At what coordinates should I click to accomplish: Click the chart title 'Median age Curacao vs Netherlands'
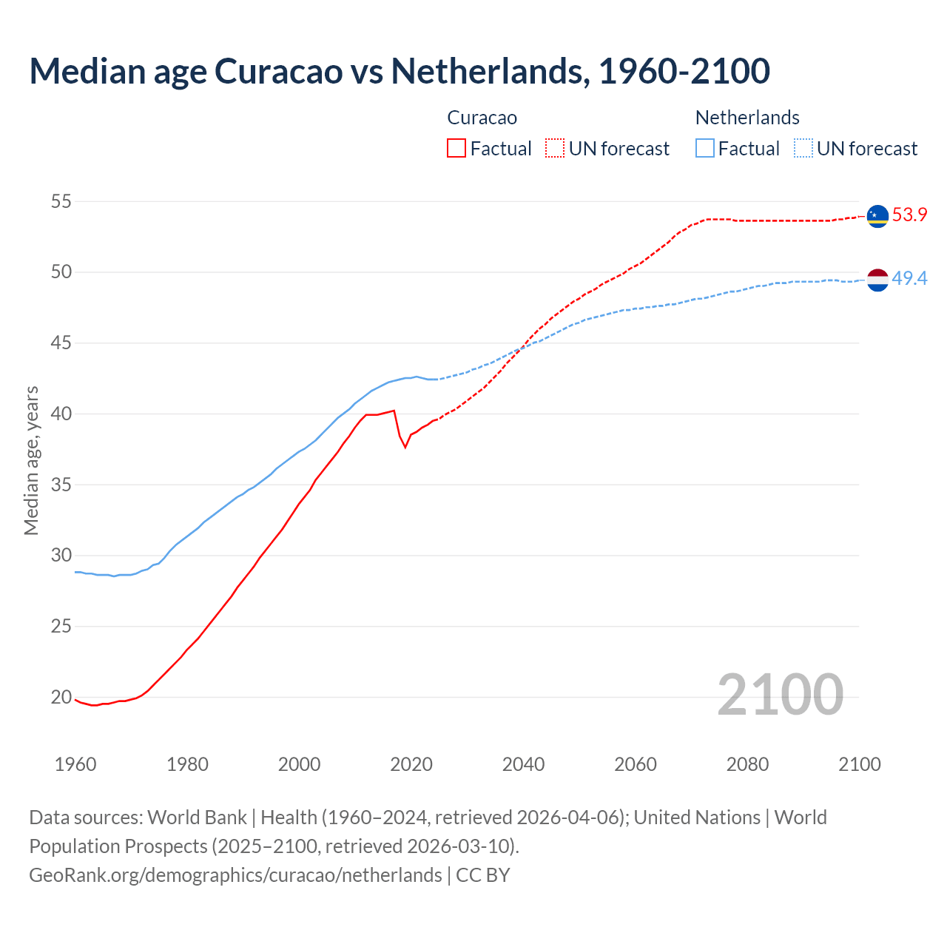(400, 71)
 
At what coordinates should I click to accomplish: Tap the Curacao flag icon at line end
(877, 215)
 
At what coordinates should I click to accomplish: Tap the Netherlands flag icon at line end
(877, 280)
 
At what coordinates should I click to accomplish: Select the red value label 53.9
(909, 215)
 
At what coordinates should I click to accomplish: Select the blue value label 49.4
(909, 279)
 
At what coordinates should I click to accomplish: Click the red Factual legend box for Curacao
(456, 149)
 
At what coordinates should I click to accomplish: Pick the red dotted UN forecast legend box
(555, 149)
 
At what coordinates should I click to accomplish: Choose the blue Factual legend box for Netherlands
(705, 149)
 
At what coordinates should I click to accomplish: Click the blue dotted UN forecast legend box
(803, 149)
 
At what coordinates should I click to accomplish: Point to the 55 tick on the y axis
(61, 201)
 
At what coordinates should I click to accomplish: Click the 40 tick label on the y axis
(61, 414)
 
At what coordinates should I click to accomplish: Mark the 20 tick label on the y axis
(61, 697)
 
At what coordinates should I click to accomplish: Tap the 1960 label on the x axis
(75, 764)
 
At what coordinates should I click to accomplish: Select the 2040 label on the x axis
(523, 764)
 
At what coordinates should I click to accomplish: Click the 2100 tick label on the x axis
(859, 764)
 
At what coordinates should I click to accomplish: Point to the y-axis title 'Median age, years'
(31, 460)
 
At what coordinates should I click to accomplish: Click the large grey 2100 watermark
(780, 694)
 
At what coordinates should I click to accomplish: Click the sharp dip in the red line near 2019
(405, 447)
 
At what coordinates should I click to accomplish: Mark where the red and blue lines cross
(519, 349)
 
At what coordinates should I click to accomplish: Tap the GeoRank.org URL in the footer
(235, 875)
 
